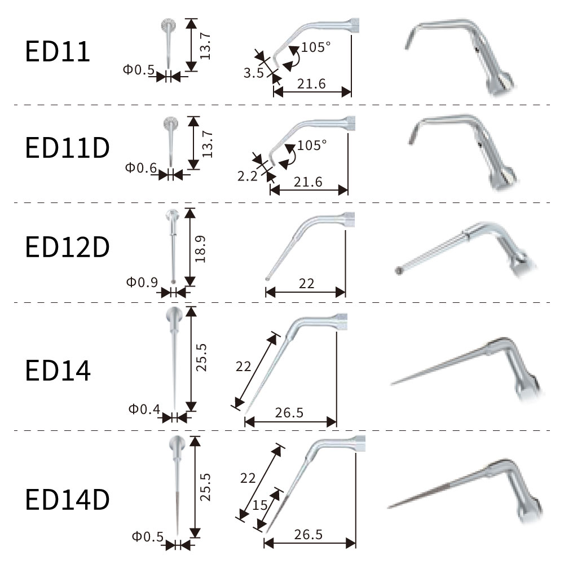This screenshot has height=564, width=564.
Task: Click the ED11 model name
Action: pyautogui.click(x=57, y=51)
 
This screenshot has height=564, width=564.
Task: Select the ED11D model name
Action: pyautogui.click(x=67, y=147)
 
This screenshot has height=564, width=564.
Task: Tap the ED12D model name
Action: pyautogui.click(x=67, y=247)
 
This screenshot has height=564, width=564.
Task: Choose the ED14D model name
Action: pyautogui.click(x=67, y=499)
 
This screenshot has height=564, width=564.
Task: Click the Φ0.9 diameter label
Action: pyautogui.click(x=142, y=282)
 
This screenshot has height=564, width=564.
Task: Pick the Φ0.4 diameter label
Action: pyautogui.click(x=144, y=408)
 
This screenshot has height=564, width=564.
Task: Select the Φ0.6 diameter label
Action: pyautogui.click(x=141, y=168)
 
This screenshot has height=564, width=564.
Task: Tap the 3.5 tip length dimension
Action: pyautogui.click(x=254, y=73)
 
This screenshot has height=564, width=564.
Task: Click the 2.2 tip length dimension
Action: pyautogui.click(x=248, y=176)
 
